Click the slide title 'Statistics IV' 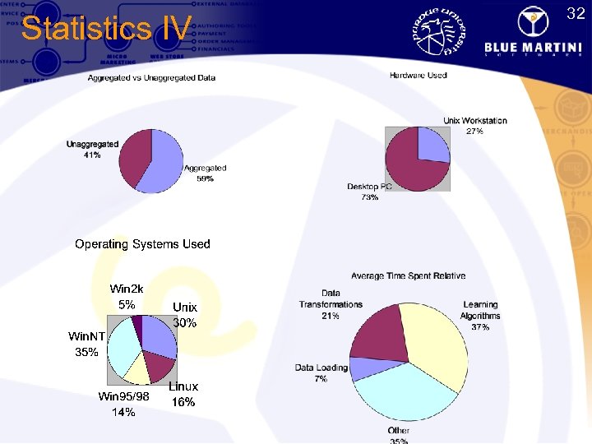[106, 29]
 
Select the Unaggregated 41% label [92, 150]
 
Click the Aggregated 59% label [205, 173]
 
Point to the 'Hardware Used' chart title [419, 76]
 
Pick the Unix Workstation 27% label [475, 126]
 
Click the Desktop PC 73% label [369, 192]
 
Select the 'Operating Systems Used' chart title [142, 244]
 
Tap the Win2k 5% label [127, 296]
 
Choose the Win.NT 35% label [86, 344]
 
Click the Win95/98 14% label [123, 405]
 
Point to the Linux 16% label [183, 394]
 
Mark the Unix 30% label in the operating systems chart [185, 315]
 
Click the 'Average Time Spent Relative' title [408, 276]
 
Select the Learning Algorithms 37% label [480, 316]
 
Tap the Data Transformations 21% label [331, 304]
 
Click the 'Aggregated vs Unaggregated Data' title [152, 78]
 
